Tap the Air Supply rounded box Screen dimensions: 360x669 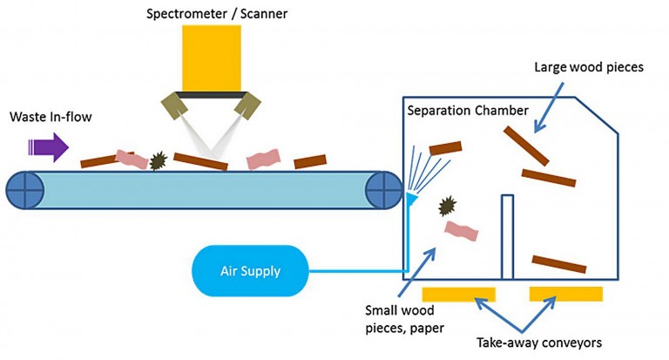point(249,270)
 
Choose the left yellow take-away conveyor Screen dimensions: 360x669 point(458,293)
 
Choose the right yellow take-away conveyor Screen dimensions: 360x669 point(566,293)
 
